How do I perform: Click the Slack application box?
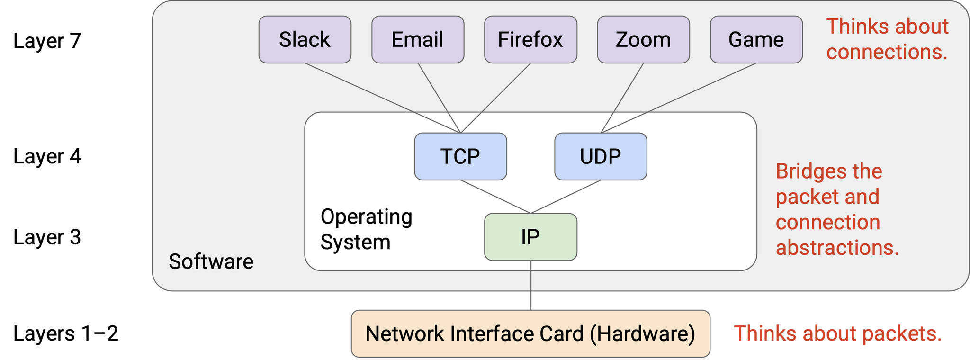point(305,39)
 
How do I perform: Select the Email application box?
point(417,39)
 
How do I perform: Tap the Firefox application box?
point(530,39)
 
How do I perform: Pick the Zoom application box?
point(643,39)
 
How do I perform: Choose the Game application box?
point(756,39)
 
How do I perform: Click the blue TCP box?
point(460,156)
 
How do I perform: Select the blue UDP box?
point(601,156)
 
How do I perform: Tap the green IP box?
point(530,237)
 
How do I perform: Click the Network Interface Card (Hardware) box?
point(530,333)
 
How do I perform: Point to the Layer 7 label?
point(47,41)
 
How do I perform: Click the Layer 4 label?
point(47,156)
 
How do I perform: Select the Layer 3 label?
point(47,237)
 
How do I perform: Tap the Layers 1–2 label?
point(65,333)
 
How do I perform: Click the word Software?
point(211,261)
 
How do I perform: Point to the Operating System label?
point(366,229)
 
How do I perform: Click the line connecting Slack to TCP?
point(383,98)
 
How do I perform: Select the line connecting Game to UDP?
point(678,98)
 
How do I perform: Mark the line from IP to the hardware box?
point(530,284)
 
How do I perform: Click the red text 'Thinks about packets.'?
point(838,333)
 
